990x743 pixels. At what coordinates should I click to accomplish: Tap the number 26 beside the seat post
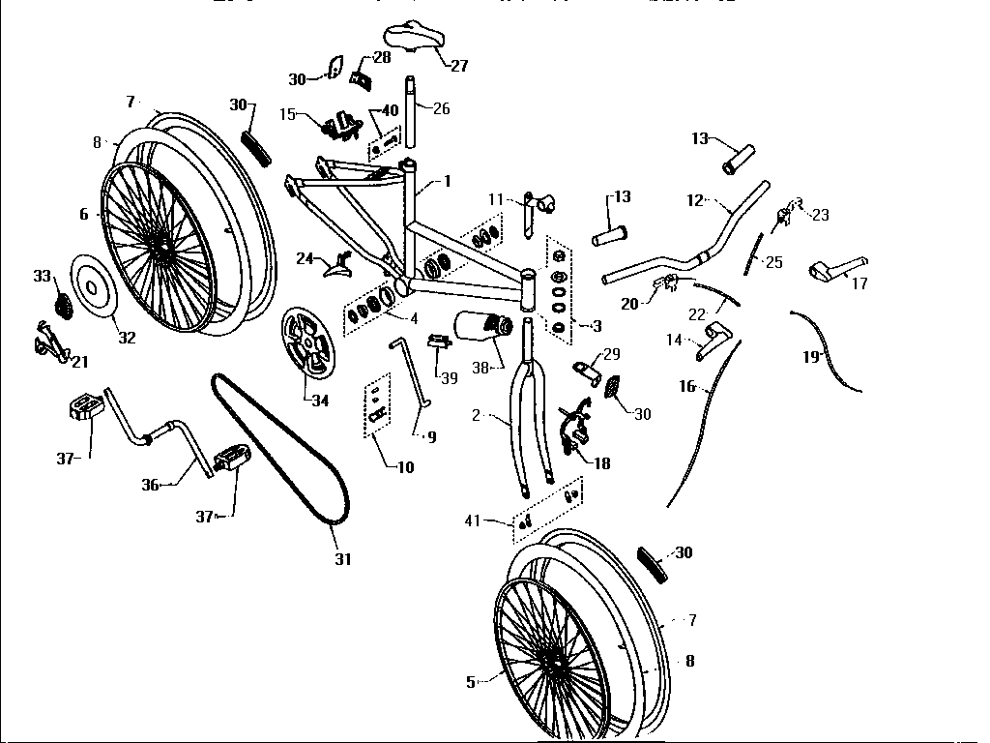(x=441, y=108)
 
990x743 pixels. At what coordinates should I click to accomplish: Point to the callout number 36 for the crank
(x=150, y=485)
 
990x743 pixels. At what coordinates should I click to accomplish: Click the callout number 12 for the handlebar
(x=694, y=201)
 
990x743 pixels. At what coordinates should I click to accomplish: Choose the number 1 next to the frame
(x=448, y=181)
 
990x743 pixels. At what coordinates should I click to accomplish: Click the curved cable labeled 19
(x=832, y=348)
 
